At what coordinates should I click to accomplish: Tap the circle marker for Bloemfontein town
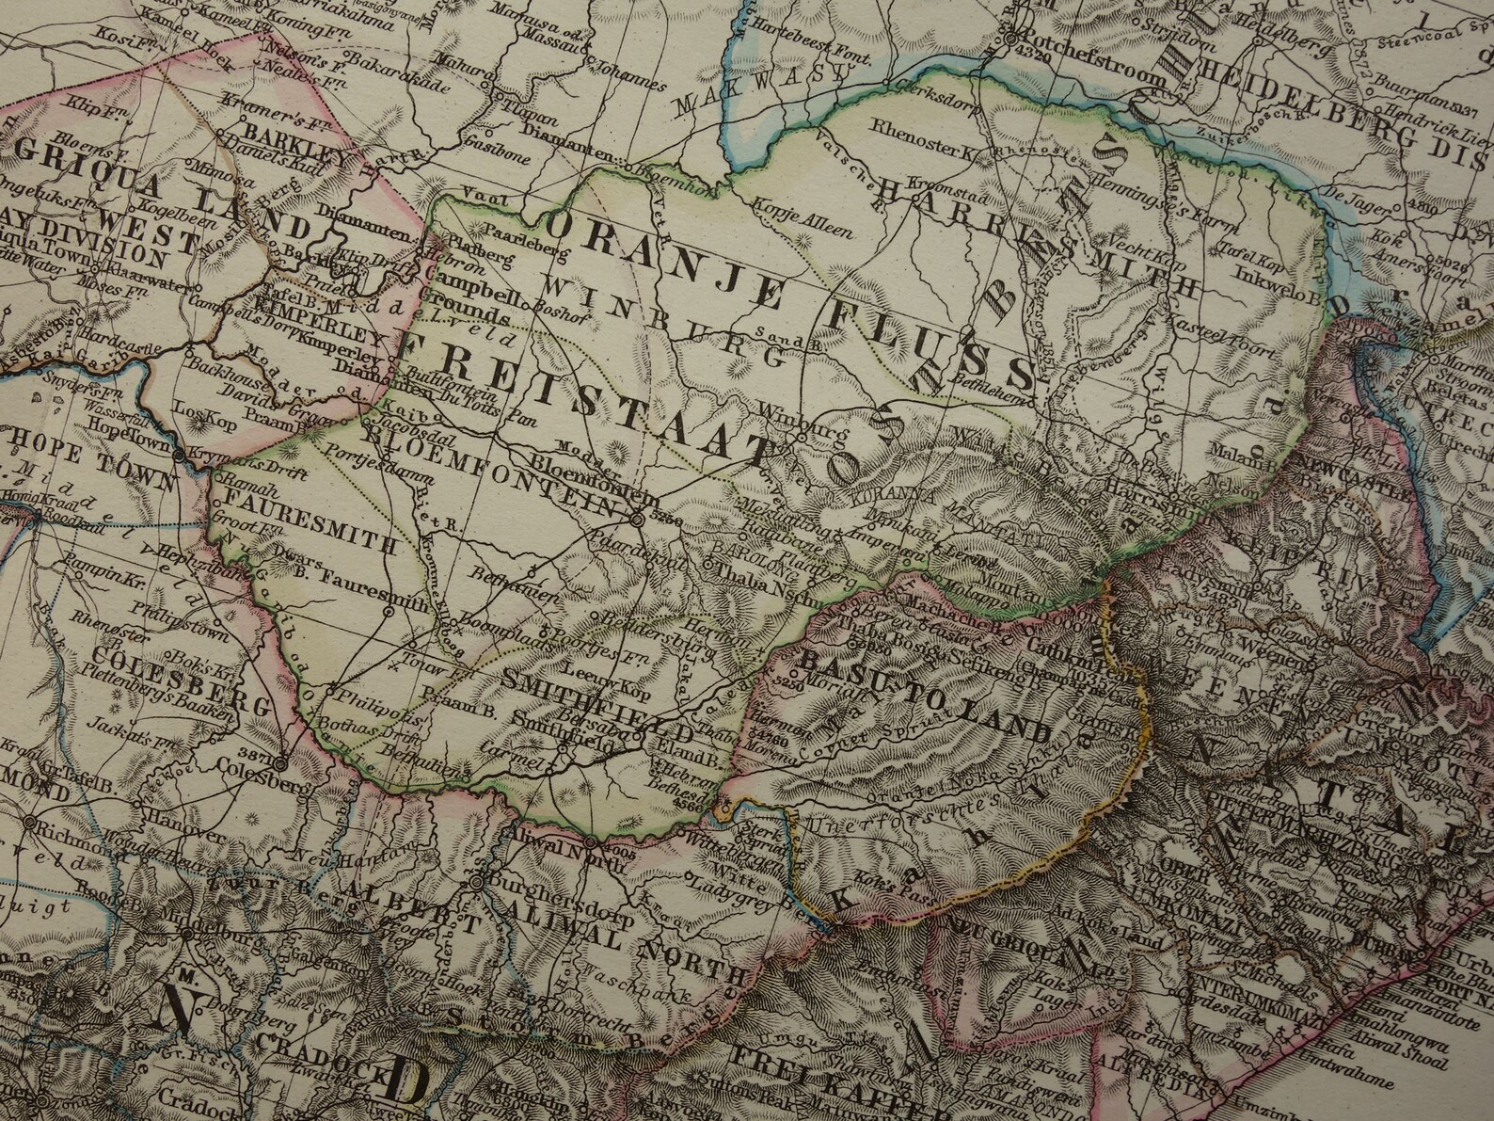coord(638,518)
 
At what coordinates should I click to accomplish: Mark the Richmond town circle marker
coord(30,821)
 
